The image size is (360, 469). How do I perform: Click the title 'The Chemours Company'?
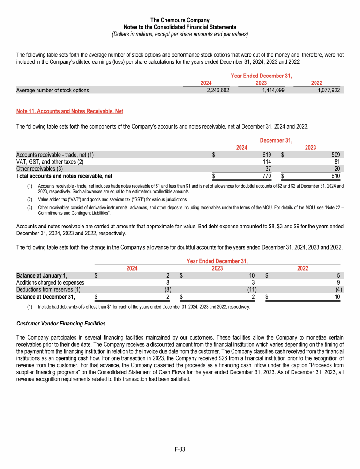[x=180, y=20]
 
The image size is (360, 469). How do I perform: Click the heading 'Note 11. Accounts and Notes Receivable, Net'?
[x=70, y=111]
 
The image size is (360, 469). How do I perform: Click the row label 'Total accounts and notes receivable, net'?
[x=64, y=176]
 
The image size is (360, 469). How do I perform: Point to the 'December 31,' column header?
[x=276, y=140]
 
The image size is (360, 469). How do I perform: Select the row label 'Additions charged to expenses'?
[x=50, y=283]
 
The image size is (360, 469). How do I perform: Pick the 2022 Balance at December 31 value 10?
[x=337, y=297]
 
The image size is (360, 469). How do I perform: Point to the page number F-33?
[x=180, y=449]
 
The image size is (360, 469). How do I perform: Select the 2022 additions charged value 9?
[x=338, y=283]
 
